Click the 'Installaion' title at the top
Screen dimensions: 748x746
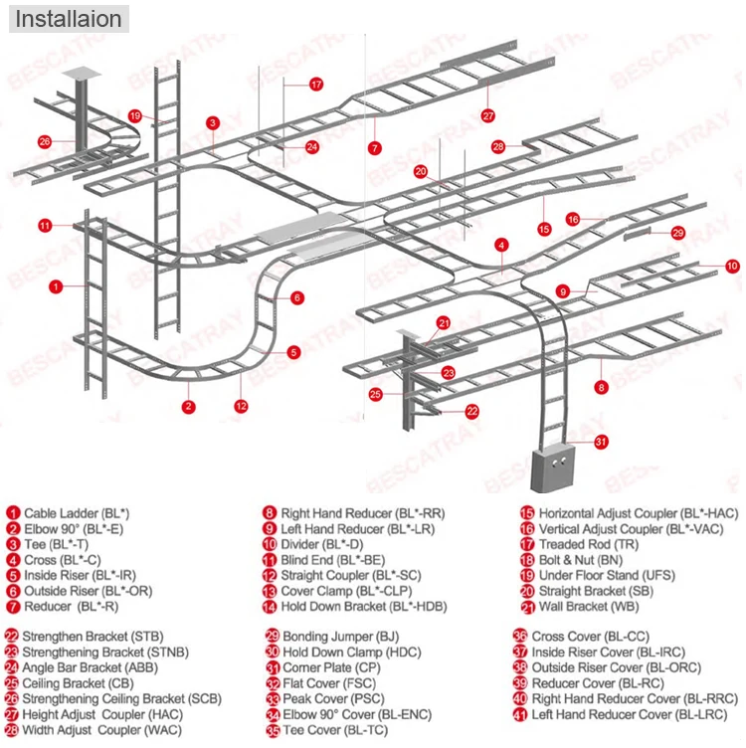click(68, 19)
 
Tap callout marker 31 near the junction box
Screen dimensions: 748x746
click(600, 441)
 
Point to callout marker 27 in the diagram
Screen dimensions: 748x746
click(488, 115)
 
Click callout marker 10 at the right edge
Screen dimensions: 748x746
click(731, 266)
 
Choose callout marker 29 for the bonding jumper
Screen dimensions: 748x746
click(677, 233)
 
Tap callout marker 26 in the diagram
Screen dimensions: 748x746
click(45, 141)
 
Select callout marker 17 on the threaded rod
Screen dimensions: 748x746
click(316, 85)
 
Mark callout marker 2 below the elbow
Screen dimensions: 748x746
click(187, 406)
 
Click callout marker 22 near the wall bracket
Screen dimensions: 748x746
click(471, 410)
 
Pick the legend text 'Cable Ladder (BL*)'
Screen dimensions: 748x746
click(77, 513)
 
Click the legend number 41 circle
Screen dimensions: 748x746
click(519, 714)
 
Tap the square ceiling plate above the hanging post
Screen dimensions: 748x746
click(77, 74)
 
